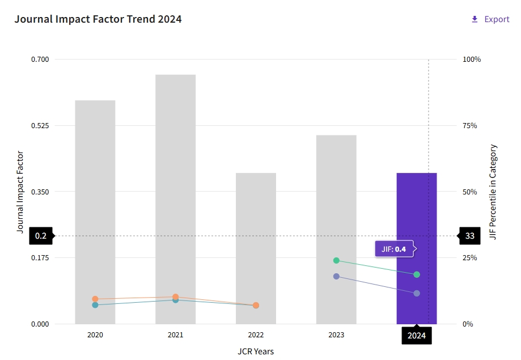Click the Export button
tap(490, 19)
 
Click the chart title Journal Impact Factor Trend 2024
tap(98, 19)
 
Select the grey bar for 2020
tap(95, 198)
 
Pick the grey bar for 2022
tap(256, 238)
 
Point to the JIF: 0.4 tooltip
tap(394, 249)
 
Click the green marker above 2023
tap(336, 261)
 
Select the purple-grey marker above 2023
tap(336, 276)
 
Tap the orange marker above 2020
tap(95, 299)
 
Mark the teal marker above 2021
tap(176, 300)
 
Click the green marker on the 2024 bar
tap(417, 274)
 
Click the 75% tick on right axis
tap(471, 125)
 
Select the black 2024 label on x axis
tap(417, 336)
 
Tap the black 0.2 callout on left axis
tap(41, 236)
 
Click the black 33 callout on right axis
tap(470, 236)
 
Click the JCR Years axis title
tap(256, 351)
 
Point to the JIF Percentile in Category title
tap(493, 192)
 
